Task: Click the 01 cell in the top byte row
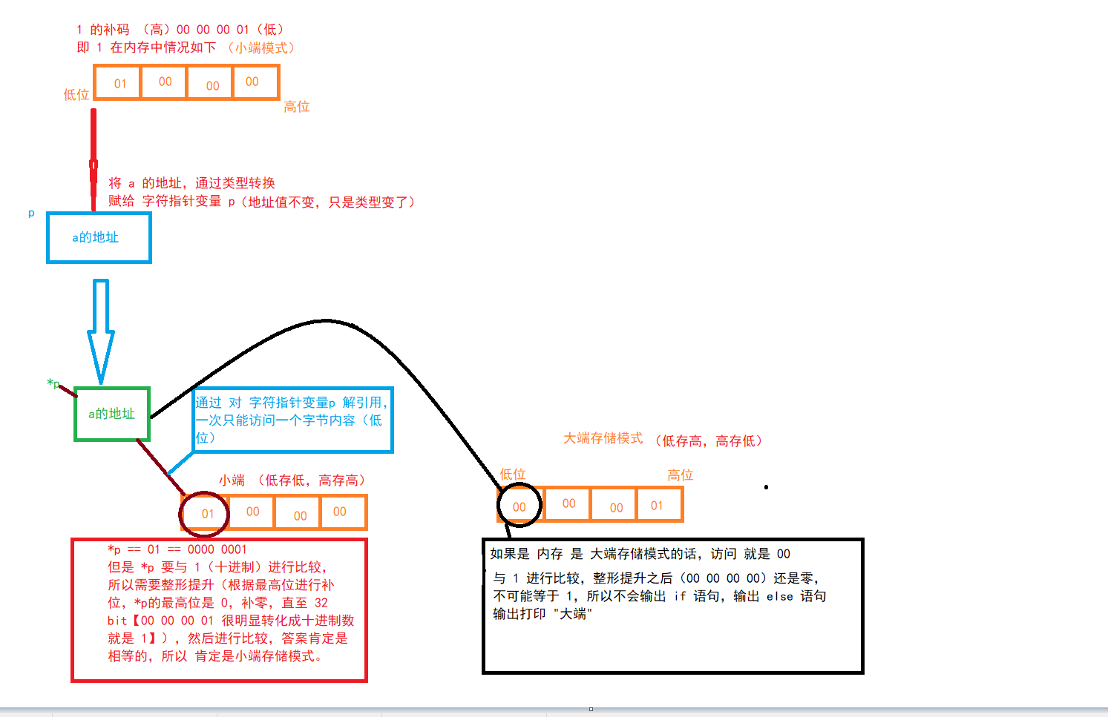coord(119,83)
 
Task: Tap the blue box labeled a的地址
coord(99,238)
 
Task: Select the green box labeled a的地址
coord(112,414)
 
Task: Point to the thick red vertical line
coord(94,159)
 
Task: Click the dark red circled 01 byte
coord(206,513)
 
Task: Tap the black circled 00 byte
coord(519,506)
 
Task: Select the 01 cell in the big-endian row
coord(658,506)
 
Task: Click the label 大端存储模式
coord(603,438)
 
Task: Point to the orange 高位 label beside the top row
coord(296,107)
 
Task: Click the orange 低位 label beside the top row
coord(76,95)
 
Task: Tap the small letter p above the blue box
coord(31,213)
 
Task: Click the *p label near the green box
coord(53,383)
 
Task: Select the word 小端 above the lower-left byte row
coord(232,480)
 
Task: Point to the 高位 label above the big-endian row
coord(680,475)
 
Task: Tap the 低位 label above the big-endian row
coord(512,474)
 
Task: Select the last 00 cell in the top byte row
coord(252,82)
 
